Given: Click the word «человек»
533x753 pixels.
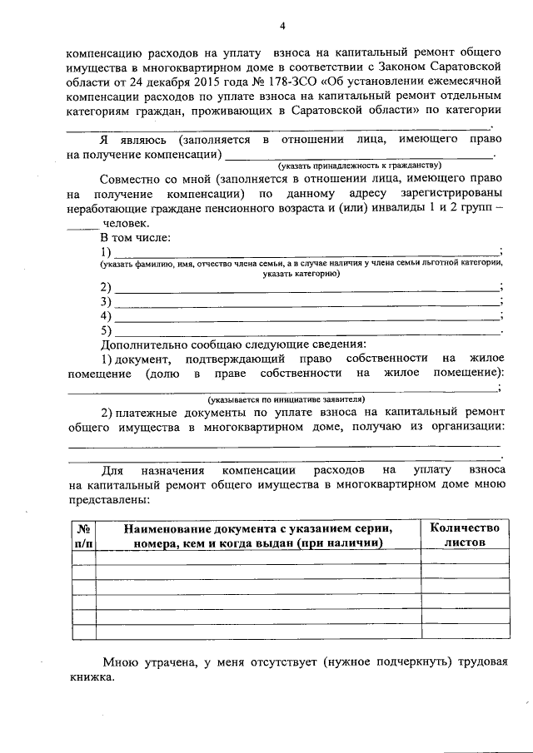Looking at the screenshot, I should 125,224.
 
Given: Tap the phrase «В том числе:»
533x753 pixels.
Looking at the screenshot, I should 135,238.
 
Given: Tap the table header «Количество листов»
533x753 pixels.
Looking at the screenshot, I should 464,534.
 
